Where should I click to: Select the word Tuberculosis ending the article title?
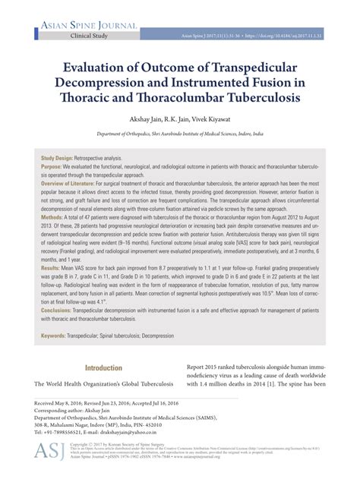click(264, 99)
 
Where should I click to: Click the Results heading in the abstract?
click(51, 269)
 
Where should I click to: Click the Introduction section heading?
click(103, 368)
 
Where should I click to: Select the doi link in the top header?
click(289, 36)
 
